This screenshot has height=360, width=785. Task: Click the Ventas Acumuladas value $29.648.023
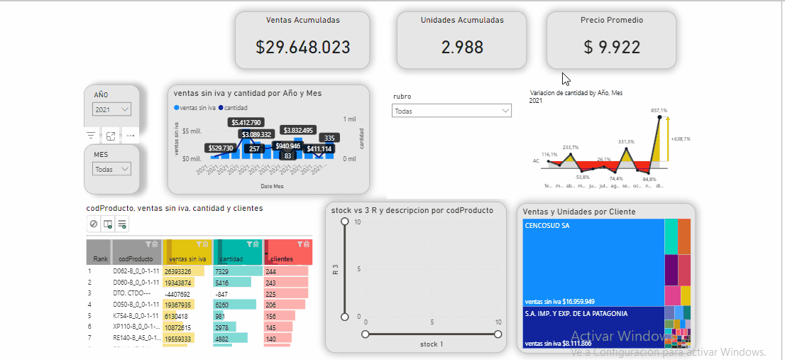(302, 48)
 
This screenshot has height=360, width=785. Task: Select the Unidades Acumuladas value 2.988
(462, 48)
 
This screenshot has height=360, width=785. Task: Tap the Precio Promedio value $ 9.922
(611, 48)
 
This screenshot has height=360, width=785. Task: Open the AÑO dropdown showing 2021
(112, 109)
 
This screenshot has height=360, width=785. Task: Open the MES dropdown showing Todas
(112, 170)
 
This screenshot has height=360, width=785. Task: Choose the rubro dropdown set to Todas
(451, 111)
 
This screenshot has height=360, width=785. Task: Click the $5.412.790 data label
(246, 123)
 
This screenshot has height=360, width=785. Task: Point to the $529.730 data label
(220, 148)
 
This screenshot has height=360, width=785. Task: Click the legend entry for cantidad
(236, 108)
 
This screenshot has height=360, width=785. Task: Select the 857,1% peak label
(659, 111)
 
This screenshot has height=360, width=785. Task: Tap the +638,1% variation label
(680, 139)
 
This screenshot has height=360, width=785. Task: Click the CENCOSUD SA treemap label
(547, 226)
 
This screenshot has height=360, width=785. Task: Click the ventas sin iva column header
(187, 259)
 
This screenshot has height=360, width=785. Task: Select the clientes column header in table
(282, 259)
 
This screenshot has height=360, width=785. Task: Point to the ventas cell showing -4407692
(177, 293)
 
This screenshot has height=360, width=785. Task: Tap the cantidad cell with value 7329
(223, 271)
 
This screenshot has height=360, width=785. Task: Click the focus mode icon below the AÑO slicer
(111, 136)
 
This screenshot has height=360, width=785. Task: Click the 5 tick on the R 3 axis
(358, 269)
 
